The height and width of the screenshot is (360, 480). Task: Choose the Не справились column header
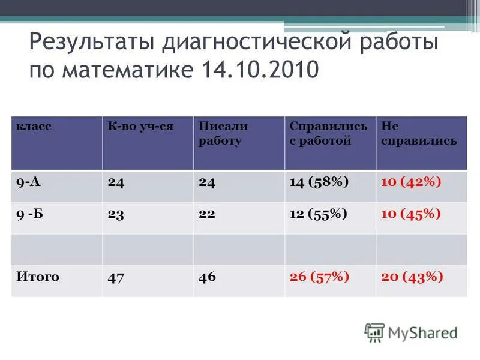(419, 133)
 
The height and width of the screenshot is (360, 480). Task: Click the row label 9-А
(28, 182)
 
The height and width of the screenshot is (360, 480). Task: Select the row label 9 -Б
(29, 214)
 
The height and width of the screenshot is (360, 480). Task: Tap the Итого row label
(38, 277)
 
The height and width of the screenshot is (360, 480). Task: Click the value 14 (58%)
(319, 182)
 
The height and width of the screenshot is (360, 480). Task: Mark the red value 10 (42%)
(411, 182)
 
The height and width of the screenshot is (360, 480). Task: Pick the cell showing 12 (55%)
(319, 214)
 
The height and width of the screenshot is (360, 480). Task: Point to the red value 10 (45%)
(411, 214)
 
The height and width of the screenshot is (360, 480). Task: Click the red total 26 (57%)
(319, 277)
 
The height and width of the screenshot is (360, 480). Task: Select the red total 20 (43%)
(412, 277)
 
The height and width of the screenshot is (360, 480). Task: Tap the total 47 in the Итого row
(116, 278)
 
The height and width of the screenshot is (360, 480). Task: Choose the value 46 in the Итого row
(207, 278)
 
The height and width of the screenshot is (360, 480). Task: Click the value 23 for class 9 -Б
(116, 215)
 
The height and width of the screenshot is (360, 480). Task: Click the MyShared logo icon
(374, 332)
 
